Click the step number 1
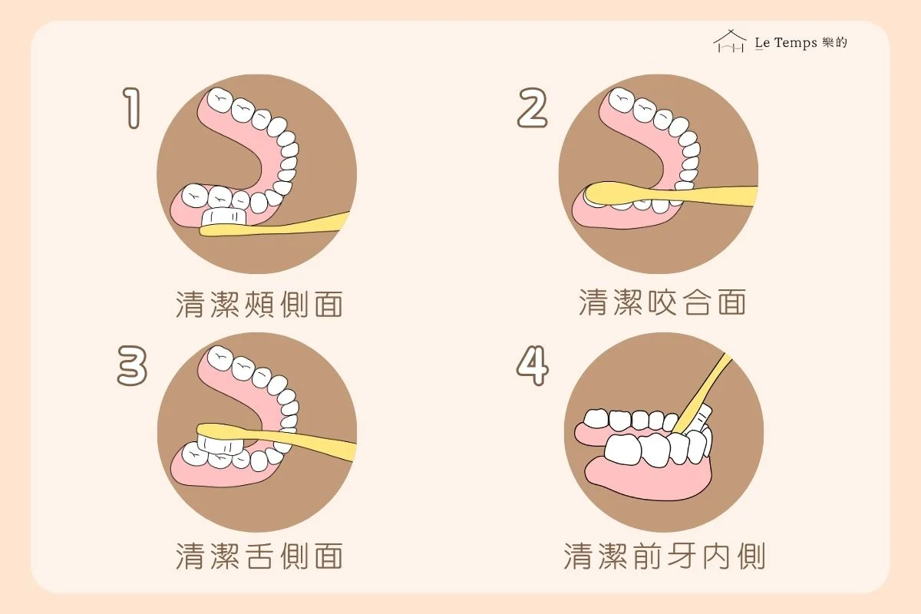[132, 107]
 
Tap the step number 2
[533, 107]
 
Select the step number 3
[132, 365]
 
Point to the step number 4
[533, 365]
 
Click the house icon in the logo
[730, 41]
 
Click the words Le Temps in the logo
[786, 43]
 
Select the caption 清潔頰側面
[259, 305]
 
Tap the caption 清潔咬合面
[662, 302]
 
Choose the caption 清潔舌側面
[259, 556]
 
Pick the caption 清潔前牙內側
[665, 556]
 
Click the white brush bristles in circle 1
[224, 216]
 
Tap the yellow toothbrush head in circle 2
[617, 193]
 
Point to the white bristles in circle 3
[220, 444]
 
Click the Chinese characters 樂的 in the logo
[835, 42]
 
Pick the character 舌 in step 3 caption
[259, 556]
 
